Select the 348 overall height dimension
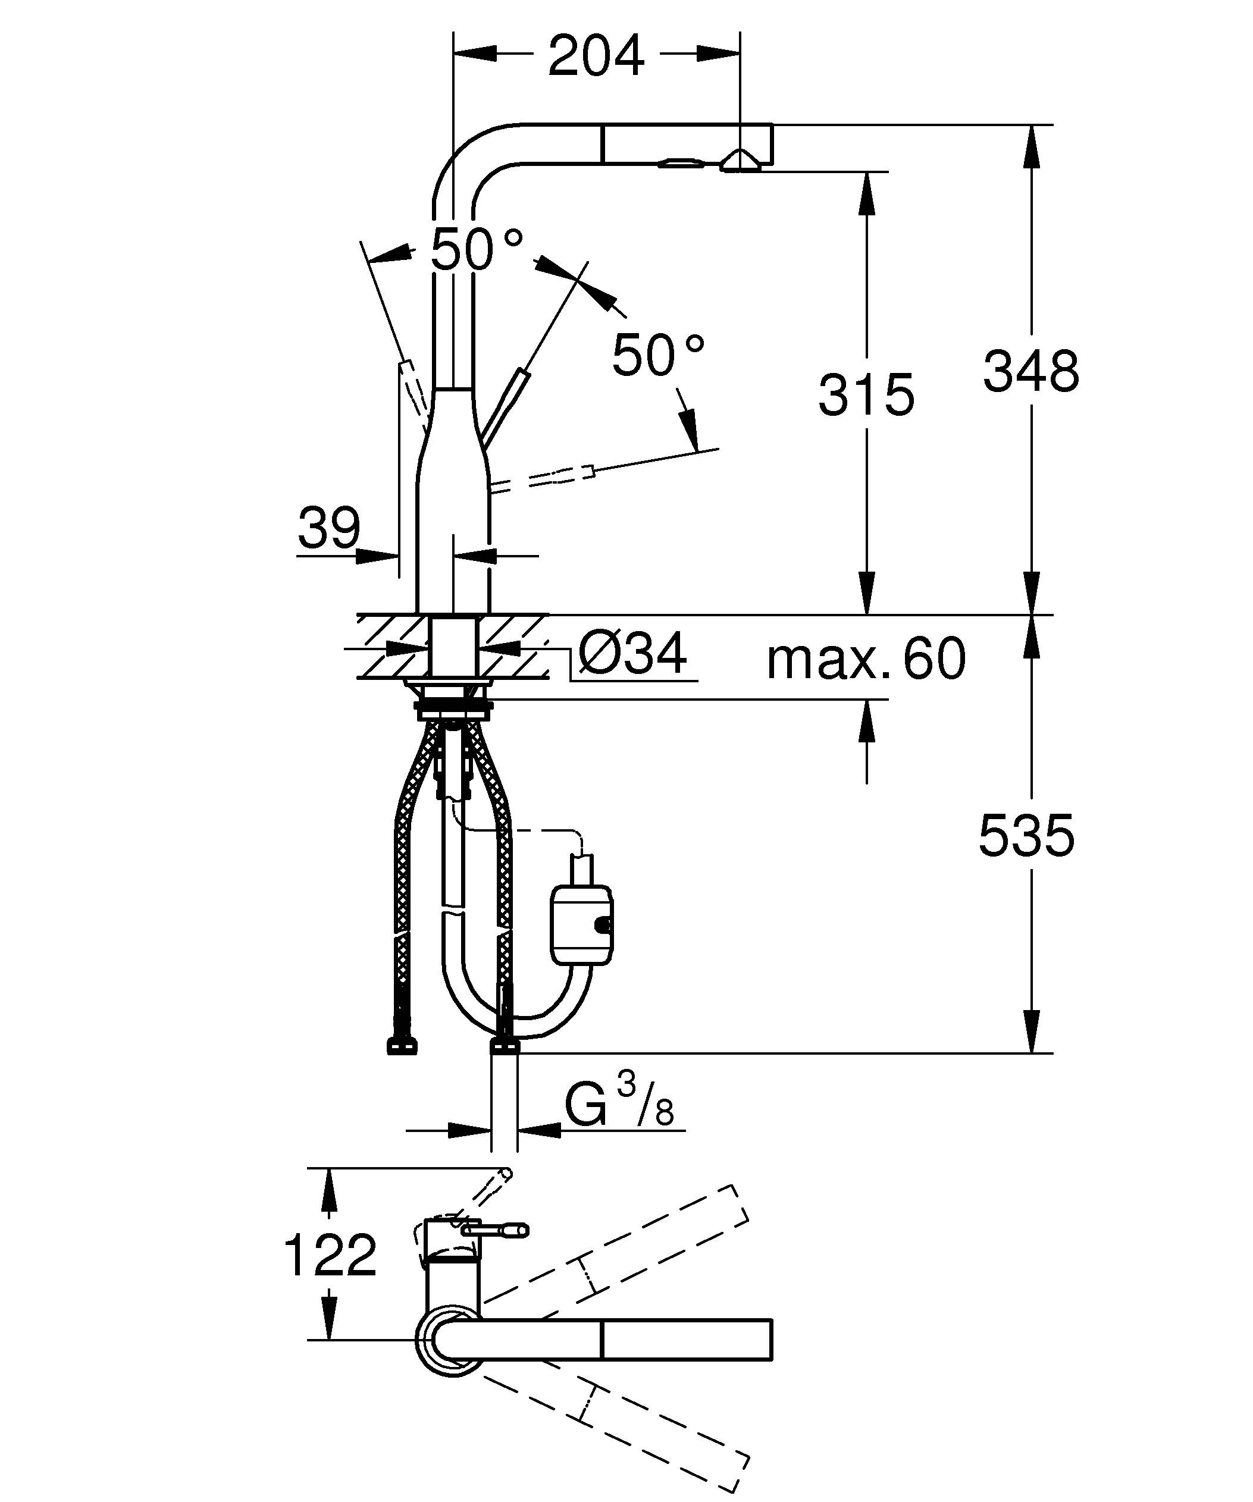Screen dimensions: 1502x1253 coord(1030,371)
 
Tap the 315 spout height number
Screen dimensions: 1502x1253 coord(866,395)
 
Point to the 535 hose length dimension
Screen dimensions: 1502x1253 coord(1026,835)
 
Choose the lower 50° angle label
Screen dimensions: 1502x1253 coord(658,356)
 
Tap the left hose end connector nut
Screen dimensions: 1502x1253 coord(402,1047)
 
